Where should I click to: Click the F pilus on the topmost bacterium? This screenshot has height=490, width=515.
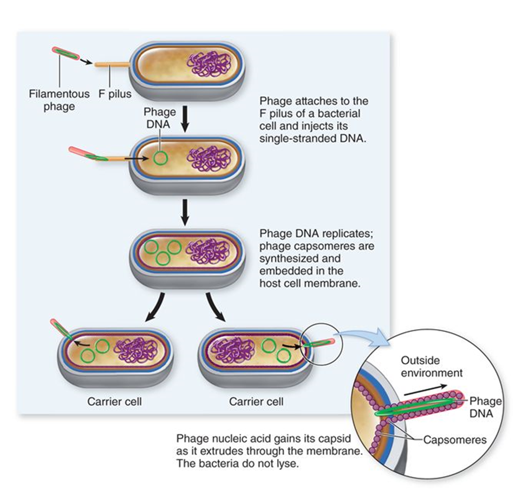[112, 65]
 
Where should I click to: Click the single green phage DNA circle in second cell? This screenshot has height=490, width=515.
[159, 159]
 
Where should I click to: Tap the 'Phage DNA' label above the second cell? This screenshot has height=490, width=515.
[159, 117]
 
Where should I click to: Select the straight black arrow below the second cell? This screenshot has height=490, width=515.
[185, 211]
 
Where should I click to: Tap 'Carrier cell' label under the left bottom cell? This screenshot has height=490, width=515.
[114, 402]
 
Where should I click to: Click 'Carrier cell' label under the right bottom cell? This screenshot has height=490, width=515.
[256, 402]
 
